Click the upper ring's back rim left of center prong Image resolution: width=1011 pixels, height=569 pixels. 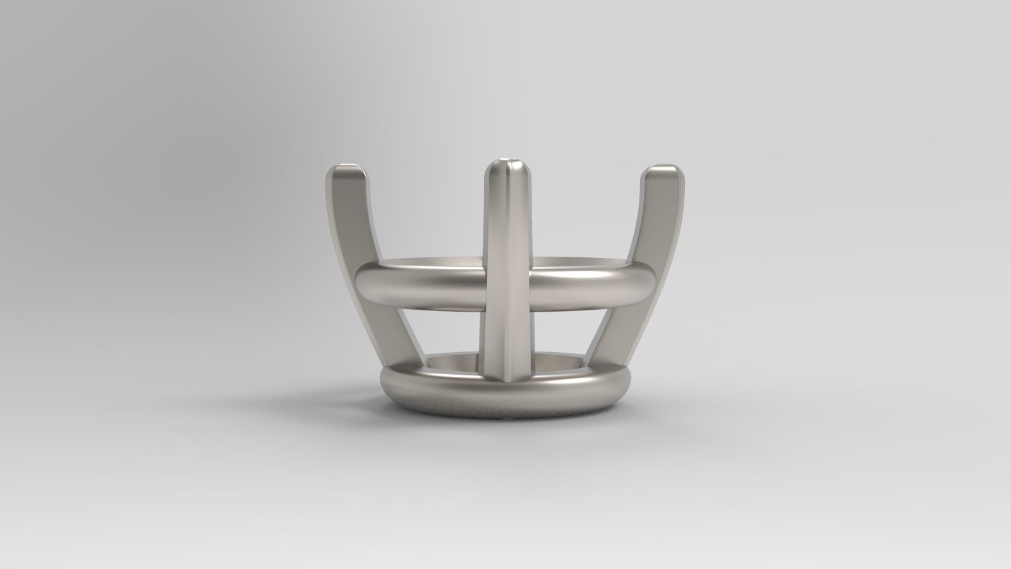[436, 262]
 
